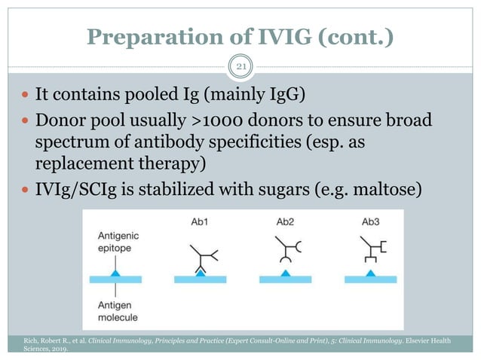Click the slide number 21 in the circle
(x=240, y=68)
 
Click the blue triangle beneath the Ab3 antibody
(x=369, y=274)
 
